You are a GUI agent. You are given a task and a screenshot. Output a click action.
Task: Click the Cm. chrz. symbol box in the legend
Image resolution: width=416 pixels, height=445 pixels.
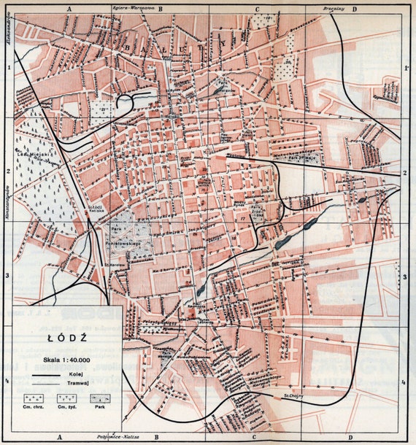(33, 400)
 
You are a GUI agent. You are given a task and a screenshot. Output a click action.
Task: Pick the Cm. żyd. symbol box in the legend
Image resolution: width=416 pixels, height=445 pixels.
(67, 400)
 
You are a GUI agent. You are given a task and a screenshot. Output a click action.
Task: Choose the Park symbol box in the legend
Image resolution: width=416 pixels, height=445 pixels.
(99, 400)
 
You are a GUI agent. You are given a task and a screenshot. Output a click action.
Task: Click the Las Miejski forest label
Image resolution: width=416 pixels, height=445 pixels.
(29, 155)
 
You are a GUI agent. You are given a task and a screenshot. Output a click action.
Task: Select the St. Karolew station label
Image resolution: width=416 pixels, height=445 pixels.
(113, 264)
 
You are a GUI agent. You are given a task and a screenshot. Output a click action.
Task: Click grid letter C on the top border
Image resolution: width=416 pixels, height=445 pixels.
(257, 9)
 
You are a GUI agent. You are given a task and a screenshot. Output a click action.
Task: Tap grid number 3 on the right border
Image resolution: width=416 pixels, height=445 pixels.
(404, 277)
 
